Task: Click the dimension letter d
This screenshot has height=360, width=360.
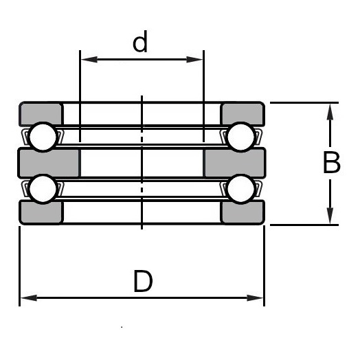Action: point(140,43)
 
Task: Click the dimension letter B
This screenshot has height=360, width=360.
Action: point(332,164)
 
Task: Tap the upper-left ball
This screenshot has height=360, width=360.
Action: point(43,136)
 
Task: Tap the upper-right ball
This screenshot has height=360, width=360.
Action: point(240,136)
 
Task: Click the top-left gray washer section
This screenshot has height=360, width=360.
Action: point(41,113)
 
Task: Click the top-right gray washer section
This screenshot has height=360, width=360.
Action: point(243,113)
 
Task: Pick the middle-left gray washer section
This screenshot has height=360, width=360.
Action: point(49,163)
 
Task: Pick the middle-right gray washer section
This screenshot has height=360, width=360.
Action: point(235,163)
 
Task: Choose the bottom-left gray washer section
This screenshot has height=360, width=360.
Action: point(41,212)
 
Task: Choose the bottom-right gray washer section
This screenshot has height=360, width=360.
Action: point(243,212)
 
